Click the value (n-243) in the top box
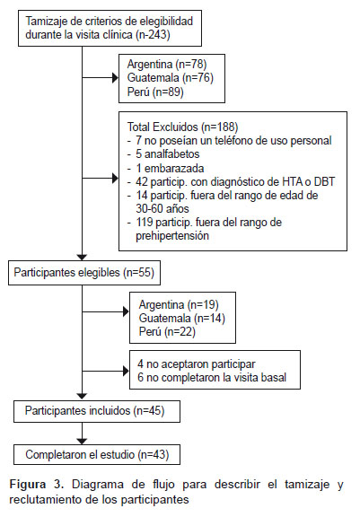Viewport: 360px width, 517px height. tap(153, 35)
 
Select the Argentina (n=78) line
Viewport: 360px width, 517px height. tap(167, 64)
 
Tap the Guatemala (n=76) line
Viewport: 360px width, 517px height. tap(171, 78)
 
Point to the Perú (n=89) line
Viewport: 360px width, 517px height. tap(155, 92)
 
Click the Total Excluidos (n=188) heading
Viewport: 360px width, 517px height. tap(182, 127)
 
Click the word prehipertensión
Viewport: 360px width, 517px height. tap(172, 236)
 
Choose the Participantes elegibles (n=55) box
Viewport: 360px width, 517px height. tap(84, 273)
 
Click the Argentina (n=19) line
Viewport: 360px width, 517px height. tap(179, 304)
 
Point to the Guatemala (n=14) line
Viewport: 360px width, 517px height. tap(182, 318)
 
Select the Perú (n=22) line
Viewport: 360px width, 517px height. tap(167, 332)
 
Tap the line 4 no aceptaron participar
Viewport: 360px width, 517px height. tap(197, 364)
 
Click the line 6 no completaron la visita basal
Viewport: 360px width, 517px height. tap(212, 378)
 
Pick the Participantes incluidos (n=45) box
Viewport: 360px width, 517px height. tap(97, 411)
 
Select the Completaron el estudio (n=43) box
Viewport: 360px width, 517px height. tap(97, 455)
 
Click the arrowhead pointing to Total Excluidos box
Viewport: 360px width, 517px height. tap(115, 179)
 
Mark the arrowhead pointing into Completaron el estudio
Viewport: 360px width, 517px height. tap(82, 442)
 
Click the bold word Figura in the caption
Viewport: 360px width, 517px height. tap(28, 485)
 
